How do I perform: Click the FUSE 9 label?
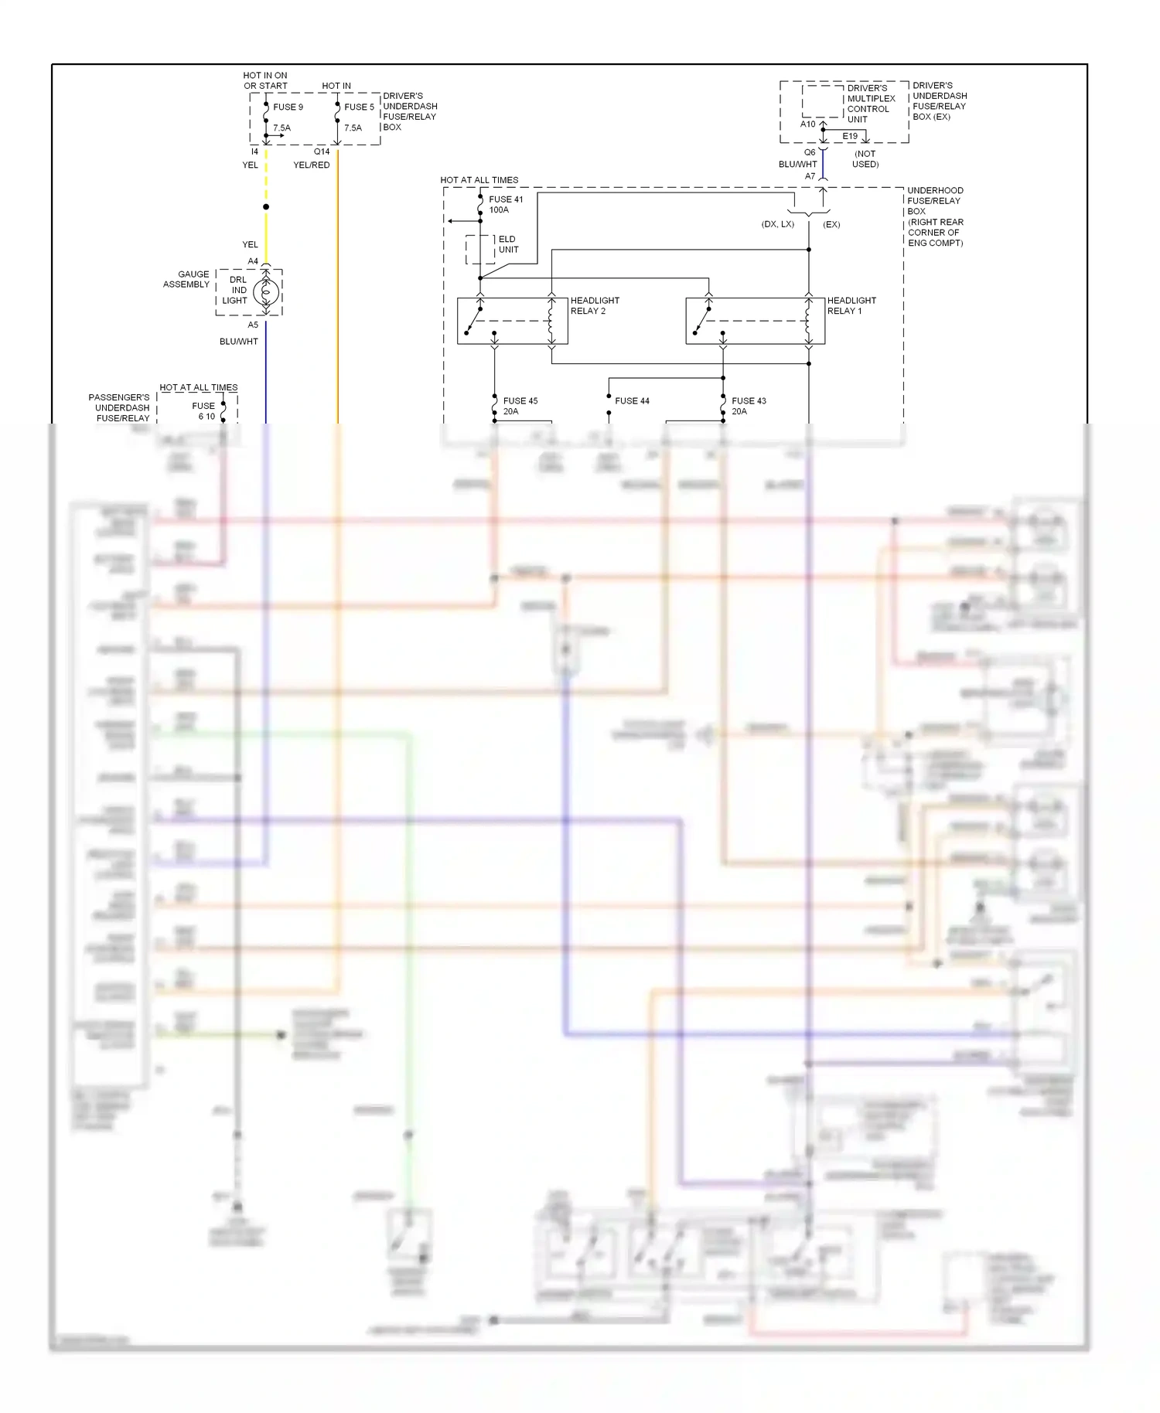tap(288, 107)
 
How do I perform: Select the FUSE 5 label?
tap(359, 107)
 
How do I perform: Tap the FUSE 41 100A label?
tap(505, 205)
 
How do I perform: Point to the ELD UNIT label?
tap(508, 244)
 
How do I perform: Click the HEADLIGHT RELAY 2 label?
tap(594, 305)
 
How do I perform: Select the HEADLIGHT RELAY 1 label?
tap(851, 305)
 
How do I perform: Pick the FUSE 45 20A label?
tap(520, 406)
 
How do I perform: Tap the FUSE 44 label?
tap(632, 401)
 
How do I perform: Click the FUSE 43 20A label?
tap(748, 406)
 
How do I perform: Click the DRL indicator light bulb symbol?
tap(266, 292)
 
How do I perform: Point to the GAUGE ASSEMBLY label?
tap(186, 279)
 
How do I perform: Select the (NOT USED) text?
tap(865, 158)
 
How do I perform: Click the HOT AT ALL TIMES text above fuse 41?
tap(479, 180)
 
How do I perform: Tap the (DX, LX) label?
tap(777, 224)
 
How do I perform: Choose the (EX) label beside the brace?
tap(831, 224)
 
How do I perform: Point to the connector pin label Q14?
tap(322, 152)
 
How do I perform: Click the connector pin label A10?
tap(807, 124)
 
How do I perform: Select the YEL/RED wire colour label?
tap(312, 165)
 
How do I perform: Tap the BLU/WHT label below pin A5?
tap(239, 341)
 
